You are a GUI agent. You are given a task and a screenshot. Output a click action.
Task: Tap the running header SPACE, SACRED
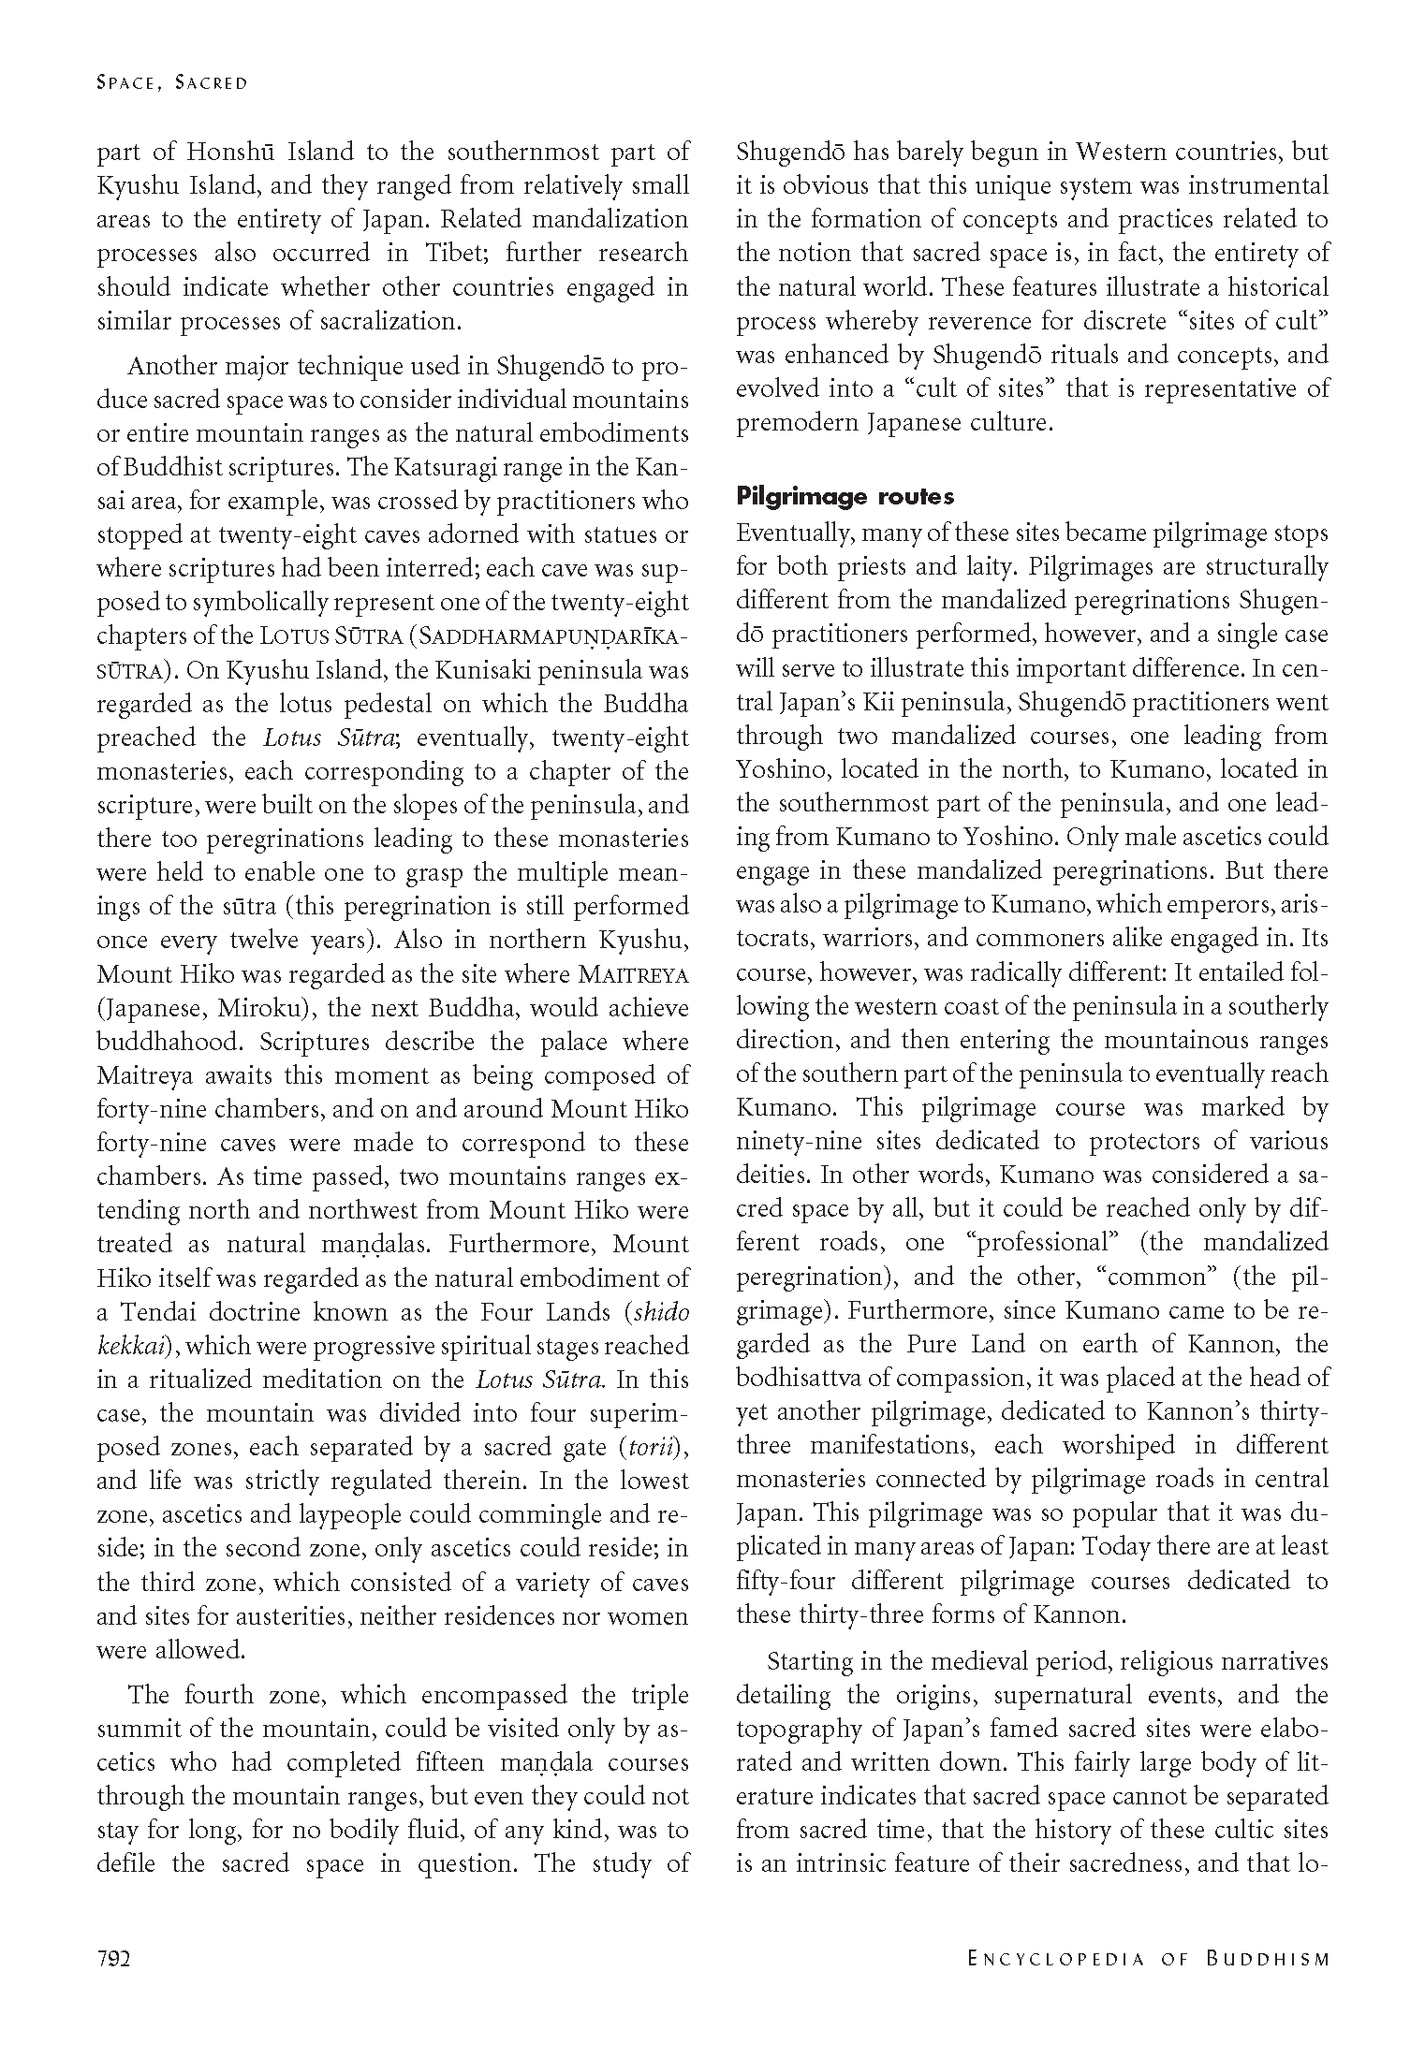pyautogui.click(x=172, y=83)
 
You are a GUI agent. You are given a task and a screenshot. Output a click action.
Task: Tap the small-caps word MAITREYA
pyautogui.click(x=634, y=974)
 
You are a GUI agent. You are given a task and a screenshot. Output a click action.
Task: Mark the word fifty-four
pyautogui.click(x=786, y=1582)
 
